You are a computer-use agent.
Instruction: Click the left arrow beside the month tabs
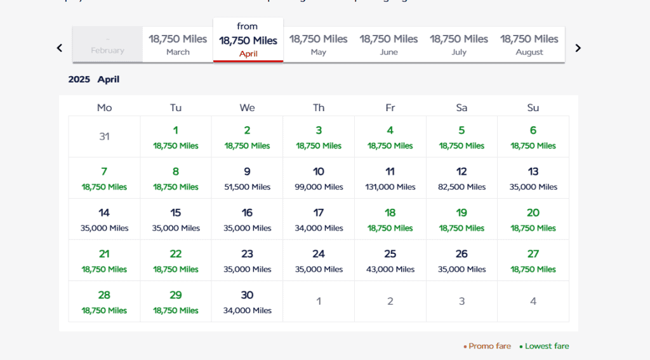point(60,48)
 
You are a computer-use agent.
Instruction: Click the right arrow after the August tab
point(578,48)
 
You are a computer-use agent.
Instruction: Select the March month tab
point(178,44)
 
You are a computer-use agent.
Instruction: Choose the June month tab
point(388,44)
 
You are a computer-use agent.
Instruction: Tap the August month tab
point(529,44)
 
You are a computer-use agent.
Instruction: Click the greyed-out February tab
point(107,44)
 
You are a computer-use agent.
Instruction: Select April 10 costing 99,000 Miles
point(319,178)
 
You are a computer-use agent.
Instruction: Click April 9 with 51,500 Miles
point(247,178)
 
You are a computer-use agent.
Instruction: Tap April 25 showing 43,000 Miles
point(390,261)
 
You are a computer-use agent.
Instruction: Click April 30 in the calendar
point(247,302)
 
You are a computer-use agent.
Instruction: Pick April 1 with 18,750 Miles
point(176,137)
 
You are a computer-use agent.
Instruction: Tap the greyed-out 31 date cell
point(104,137)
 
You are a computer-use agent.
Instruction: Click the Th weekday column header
point(319,108)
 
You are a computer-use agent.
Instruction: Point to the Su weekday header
point(533,108)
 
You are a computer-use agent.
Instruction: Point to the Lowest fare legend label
point(547,346)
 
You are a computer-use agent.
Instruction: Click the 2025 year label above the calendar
point(79,79)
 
